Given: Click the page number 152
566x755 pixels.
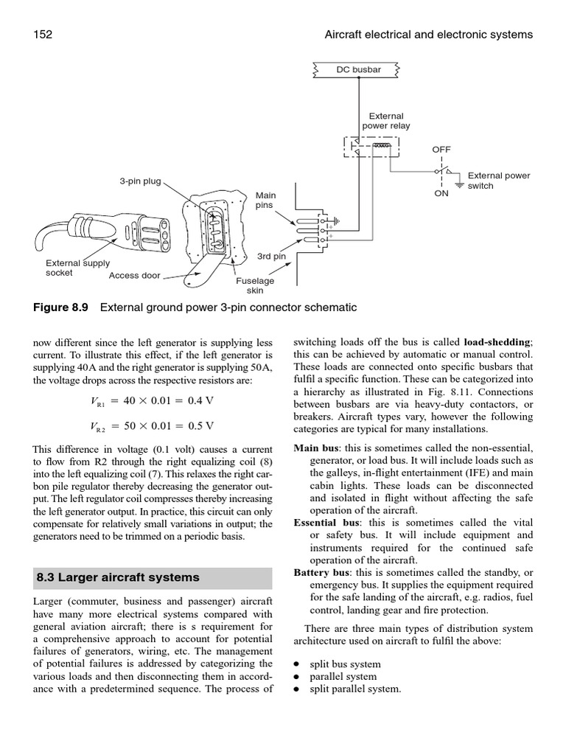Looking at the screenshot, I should point(43,35).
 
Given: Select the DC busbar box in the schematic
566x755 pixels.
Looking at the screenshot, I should point(359,70).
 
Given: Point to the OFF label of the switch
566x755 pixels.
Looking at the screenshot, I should point(441,149).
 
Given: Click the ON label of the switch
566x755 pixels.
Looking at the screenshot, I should point(441,194).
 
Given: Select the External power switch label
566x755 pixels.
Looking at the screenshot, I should point(499,181).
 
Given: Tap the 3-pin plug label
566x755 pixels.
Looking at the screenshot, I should point(140,181).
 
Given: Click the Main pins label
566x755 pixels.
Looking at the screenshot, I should point(265,201).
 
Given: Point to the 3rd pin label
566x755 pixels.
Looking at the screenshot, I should point(271,257).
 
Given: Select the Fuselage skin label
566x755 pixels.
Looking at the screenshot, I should point(254,285).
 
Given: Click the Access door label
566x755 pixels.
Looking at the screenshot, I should point(134,276).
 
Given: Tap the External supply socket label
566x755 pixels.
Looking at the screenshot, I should point(77,268).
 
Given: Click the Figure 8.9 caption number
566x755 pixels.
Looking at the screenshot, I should point(60,307).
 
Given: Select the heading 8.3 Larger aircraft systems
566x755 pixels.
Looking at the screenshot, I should point(118,577).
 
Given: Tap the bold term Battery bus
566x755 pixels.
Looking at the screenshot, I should point(320,572).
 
